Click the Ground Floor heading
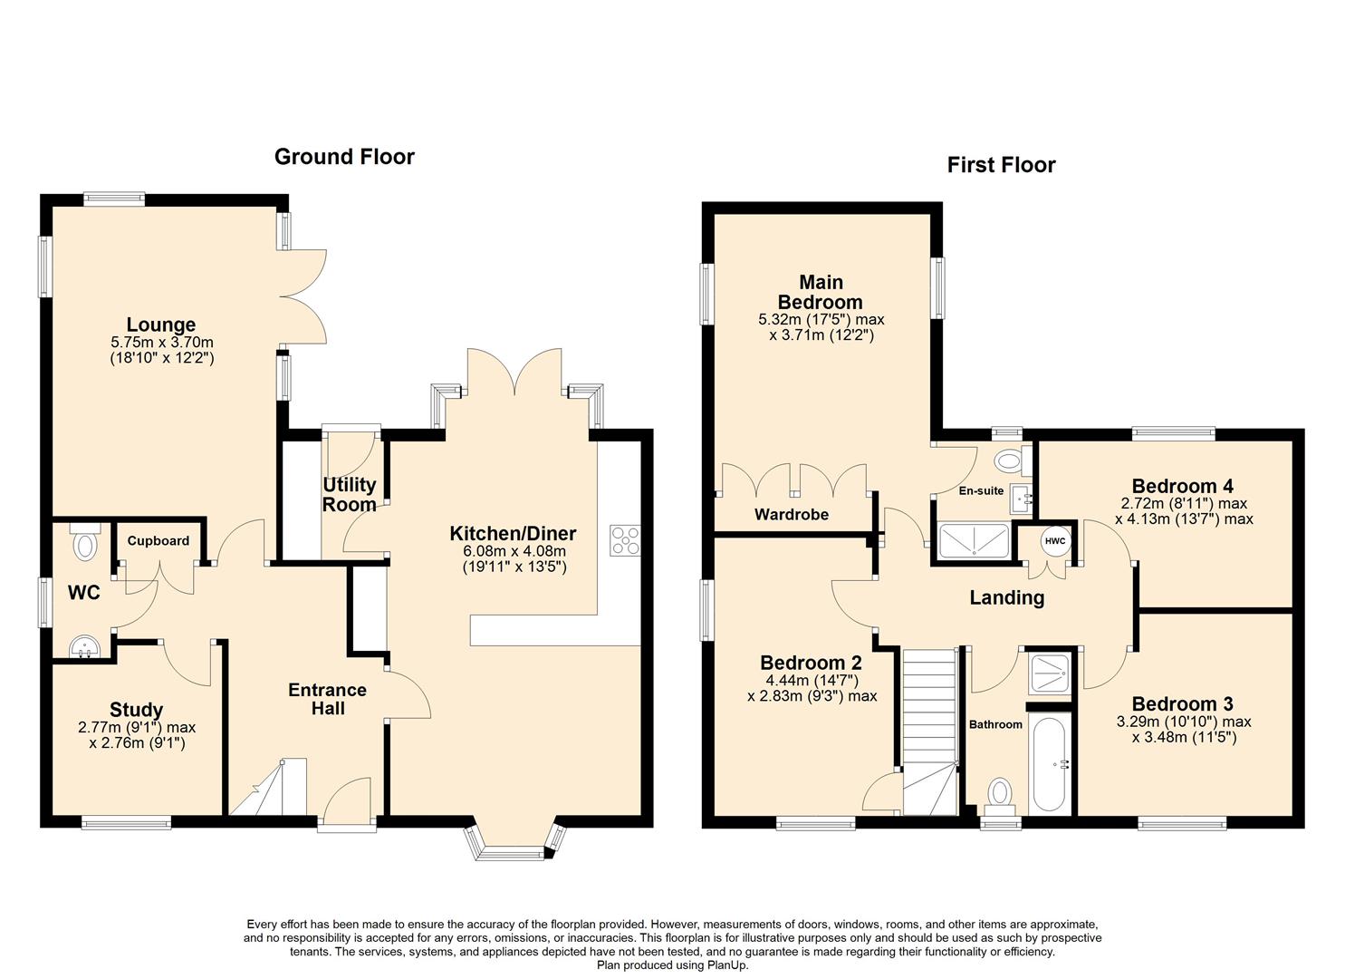(344, 157)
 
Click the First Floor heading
(1001, 165)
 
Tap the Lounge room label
(161, 325)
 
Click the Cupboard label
(159, 541)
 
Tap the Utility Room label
(349, 495)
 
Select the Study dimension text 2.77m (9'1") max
(137, 727)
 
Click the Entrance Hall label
(327, 699)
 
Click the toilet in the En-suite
(1007, 461)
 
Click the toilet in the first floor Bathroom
(1001, 793)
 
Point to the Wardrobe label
(792, 515)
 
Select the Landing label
(1006, 598)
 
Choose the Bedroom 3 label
(1182, 704)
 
